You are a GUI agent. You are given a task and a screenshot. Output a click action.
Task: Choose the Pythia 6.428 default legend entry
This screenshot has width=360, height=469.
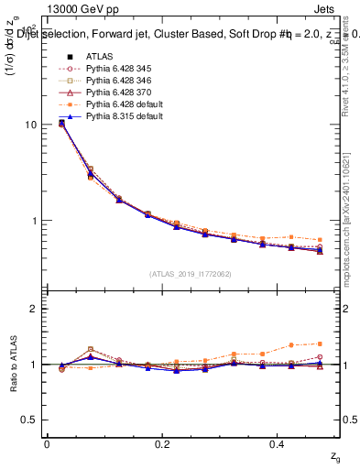[123, 105]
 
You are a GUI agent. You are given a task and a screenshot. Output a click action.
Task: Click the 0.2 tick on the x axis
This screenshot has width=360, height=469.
[163, 444]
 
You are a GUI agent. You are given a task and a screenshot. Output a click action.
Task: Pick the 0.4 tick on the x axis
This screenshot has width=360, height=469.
[279, 444]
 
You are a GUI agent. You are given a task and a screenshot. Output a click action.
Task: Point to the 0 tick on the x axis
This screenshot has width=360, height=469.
[47, 444]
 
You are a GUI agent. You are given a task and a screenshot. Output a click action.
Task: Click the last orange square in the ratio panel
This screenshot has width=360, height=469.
[320, 344]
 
